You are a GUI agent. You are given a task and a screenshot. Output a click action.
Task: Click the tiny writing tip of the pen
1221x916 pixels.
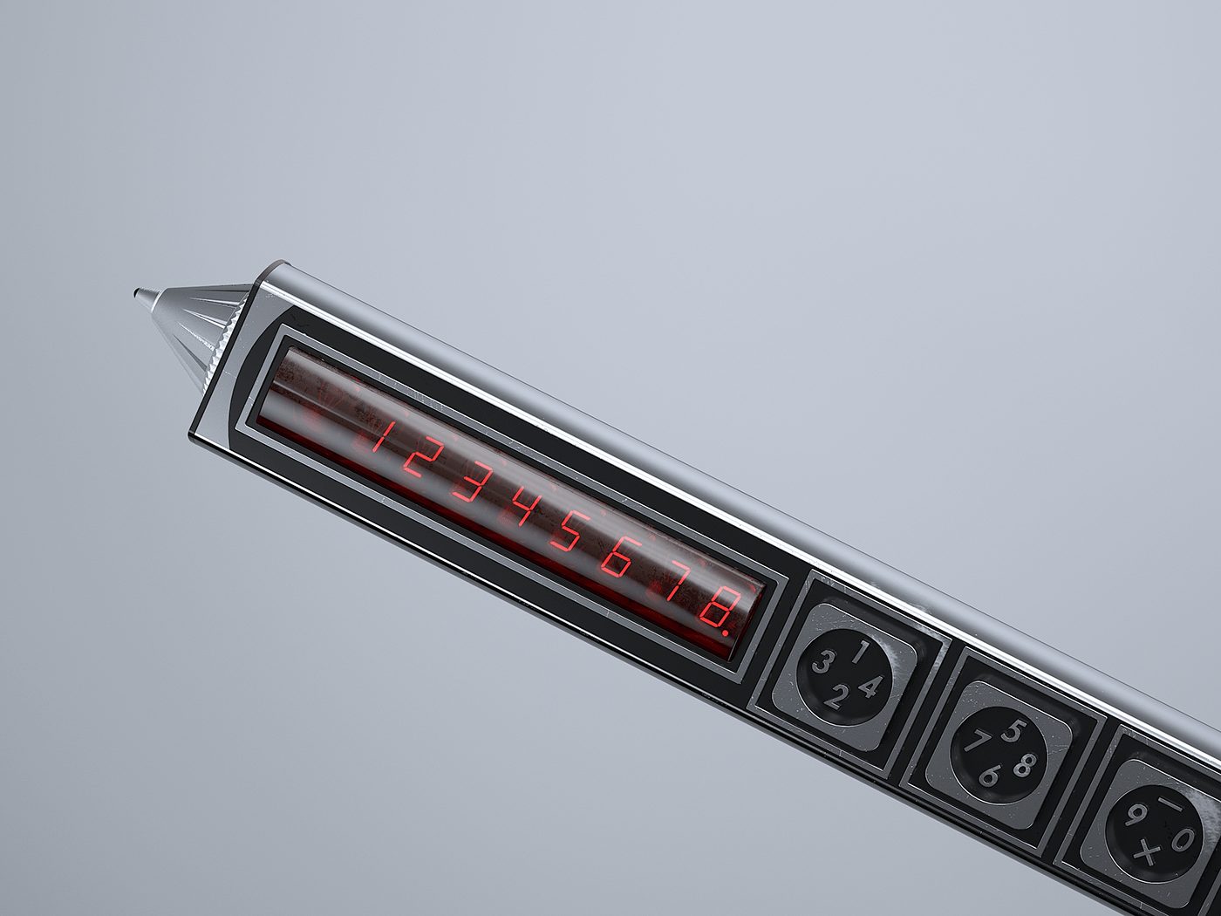pyautogui.click(x=138, y=294)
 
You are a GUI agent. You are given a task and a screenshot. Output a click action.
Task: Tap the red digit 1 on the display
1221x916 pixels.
pyautogui.click(x=379, y=435)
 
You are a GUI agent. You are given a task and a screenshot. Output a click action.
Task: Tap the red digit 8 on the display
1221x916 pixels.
pyautogui.click(x=719, y=605)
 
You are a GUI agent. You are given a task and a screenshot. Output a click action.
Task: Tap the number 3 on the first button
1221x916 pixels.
pyautogui.click(x=822, y=663)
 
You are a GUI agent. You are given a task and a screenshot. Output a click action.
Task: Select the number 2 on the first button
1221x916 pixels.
pyautogui.click(x=836, y=697)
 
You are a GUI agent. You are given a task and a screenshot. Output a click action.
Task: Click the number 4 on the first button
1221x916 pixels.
pyautogui.click(x=869, y=687)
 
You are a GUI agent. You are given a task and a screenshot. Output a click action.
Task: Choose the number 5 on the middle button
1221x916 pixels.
pyautogui.click(x=1013, y=730)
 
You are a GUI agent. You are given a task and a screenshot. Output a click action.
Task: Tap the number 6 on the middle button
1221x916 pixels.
pyautogui.click(x=990, y=775)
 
